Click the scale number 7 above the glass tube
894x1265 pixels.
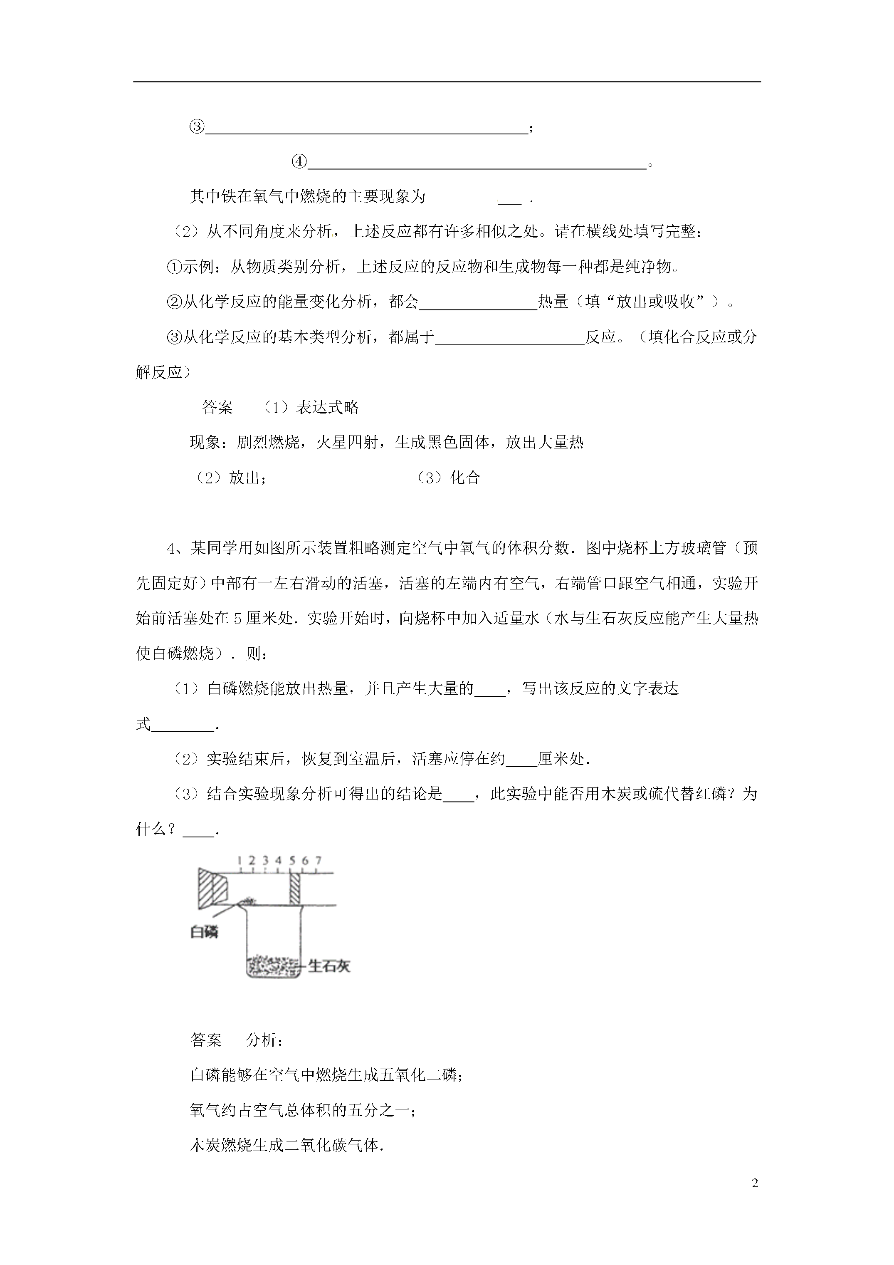[x=319, y=860]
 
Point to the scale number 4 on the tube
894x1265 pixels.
[x=278, y=860]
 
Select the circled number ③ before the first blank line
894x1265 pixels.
[x=197, y=127]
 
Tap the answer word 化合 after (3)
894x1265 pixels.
[x=465, y=478]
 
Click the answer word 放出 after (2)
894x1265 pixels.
[x=244, y=478]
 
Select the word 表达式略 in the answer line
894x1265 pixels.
[x=327, y=408]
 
